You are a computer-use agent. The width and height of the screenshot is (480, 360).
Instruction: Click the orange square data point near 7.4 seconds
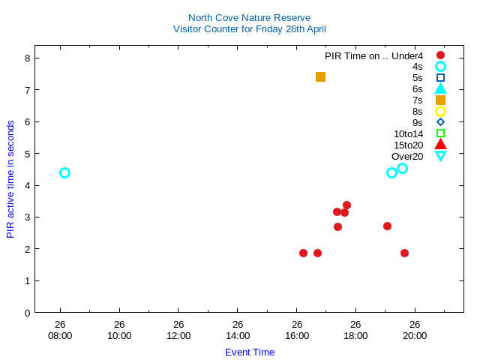coord(320,76)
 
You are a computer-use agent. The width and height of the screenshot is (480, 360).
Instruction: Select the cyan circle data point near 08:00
coord(64,172)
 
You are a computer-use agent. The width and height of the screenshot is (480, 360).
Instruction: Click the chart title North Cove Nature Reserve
coord(249,17)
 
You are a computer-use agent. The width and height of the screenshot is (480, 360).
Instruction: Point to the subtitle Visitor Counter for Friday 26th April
coord(249,28)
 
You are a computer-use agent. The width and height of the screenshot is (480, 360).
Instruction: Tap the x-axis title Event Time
coord(250,352)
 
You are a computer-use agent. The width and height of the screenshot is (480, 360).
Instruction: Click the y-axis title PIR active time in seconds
coord(10,179)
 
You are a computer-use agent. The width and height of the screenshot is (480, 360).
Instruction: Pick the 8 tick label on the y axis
coord(27,58)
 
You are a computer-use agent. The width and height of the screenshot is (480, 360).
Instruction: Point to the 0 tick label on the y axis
coord(27,312)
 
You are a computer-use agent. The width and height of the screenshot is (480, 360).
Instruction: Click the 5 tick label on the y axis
coord(27,153)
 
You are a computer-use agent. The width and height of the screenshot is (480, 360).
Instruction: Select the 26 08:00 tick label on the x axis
coord(60,330)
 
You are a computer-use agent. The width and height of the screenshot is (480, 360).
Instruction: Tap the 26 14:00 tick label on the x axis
coord(237,330)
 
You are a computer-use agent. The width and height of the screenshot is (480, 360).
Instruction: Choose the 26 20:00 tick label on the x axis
coord(415,330)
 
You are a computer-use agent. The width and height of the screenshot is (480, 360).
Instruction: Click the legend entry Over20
coord(407,156)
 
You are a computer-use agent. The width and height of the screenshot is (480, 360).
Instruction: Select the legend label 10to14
coord(408,133)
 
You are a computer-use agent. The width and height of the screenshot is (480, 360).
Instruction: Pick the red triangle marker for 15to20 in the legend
coord(440,145)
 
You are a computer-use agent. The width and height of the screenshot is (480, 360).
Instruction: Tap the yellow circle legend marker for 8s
coord(440,111)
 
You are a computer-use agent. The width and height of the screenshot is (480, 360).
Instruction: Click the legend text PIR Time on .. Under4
coord(373,55)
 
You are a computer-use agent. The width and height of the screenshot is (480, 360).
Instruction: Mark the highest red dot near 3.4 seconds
coord(346,205)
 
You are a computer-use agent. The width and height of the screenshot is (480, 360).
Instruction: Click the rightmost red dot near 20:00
coord(404,253)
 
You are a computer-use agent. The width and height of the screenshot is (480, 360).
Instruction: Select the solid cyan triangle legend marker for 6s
coord(440,88)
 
